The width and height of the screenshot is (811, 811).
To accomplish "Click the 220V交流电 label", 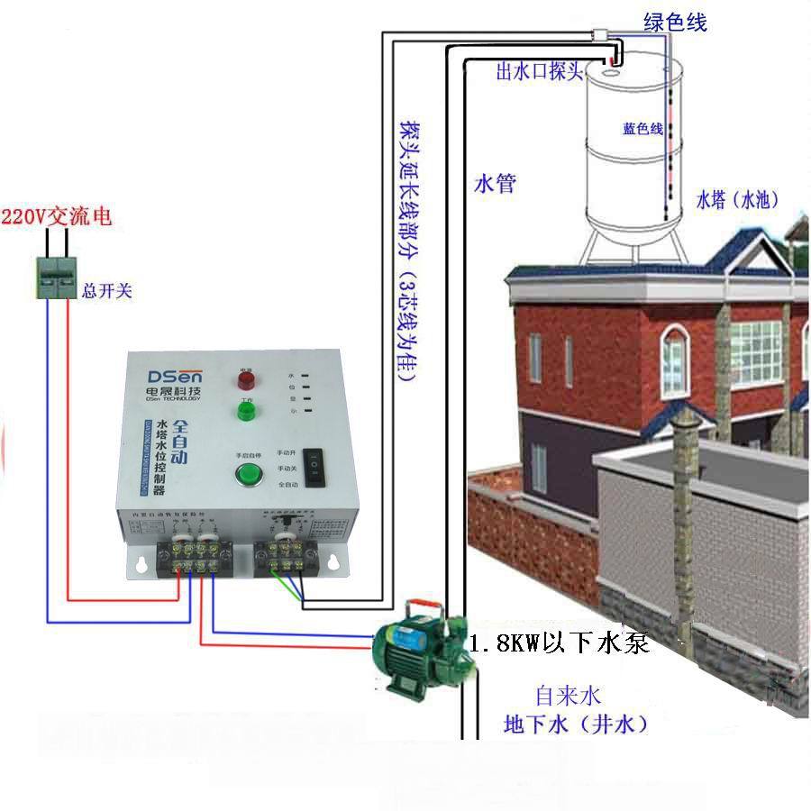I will tap(56, 217).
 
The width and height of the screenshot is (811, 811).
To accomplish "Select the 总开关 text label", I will tap(106, 290).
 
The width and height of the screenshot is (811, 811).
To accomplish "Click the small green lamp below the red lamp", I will tap(245, 412).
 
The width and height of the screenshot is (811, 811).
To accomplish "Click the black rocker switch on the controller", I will tap(314, 467).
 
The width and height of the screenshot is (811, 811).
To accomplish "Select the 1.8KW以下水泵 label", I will tap(559, 643).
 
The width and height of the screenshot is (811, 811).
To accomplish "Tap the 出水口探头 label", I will tap(540, 72).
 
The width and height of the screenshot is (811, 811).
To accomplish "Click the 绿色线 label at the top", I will tap(675, 23).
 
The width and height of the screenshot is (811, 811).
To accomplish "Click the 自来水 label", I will tap(568, 696).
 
